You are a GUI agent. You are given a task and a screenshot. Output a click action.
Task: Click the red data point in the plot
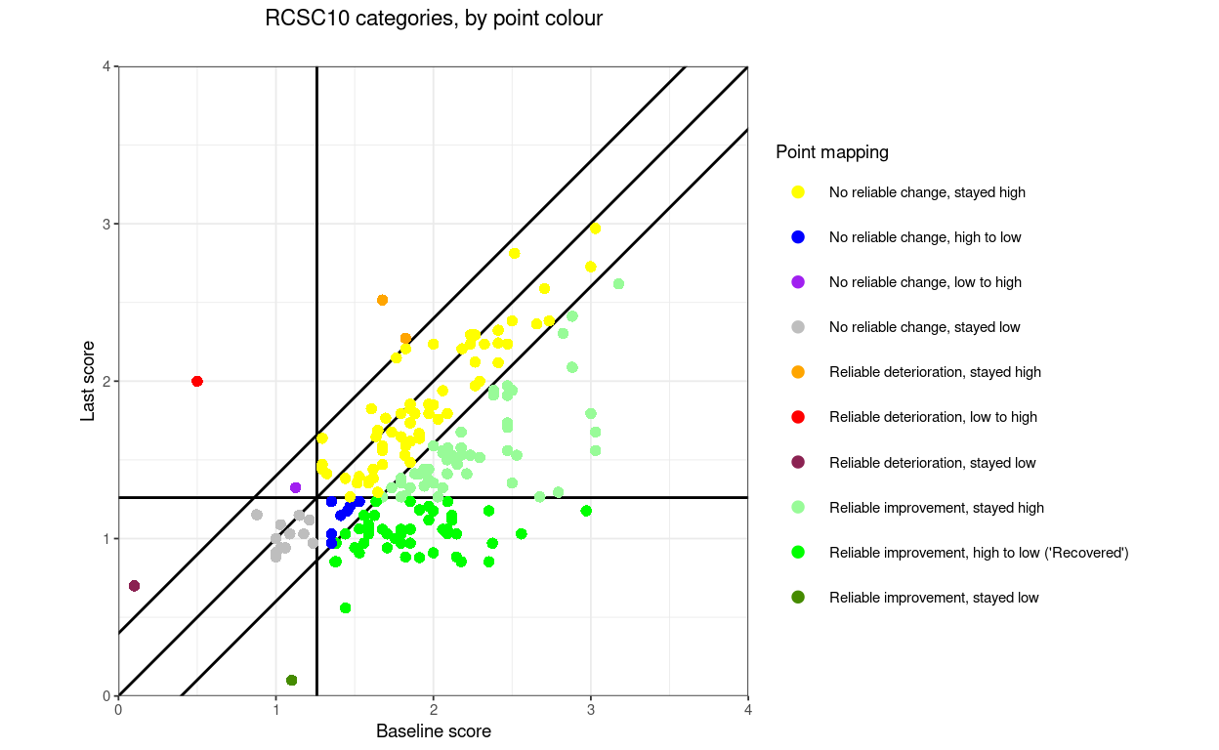197,381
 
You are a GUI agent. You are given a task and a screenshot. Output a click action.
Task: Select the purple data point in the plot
296,487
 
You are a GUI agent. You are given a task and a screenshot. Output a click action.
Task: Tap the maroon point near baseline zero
134,586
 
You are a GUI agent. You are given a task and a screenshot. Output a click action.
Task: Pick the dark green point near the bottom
291,680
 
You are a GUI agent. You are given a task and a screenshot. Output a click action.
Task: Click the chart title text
434,19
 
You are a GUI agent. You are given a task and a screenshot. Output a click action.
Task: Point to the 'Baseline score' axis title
433,731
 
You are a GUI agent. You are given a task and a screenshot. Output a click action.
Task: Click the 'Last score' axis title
88,381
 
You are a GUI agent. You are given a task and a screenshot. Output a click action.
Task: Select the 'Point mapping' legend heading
832,152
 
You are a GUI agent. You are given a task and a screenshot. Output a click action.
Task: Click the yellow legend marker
798,192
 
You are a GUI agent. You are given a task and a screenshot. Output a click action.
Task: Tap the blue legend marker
798,237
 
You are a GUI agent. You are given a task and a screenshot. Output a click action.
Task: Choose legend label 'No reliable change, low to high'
925,282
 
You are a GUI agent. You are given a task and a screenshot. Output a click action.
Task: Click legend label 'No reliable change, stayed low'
924,327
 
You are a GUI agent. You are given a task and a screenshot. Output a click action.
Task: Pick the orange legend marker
798,372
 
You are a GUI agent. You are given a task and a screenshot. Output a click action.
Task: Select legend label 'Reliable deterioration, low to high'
933,417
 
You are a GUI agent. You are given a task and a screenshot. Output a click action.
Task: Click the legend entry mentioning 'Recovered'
979,553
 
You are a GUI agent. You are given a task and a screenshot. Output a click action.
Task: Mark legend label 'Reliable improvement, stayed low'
934,598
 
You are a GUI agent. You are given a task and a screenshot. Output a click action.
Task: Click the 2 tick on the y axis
106,381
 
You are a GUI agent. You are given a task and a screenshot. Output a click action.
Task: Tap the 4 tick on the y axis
106,66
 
